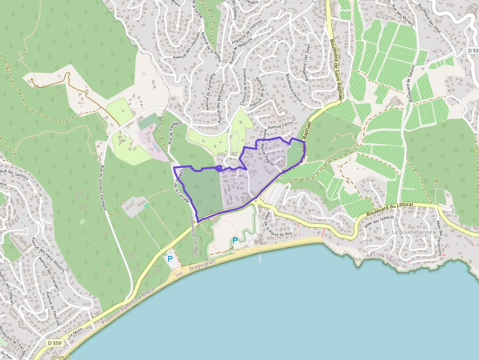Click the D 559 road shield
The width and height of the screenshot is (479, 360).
(55, 343)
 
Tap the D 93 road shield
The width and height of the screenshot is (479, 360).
(472, 50)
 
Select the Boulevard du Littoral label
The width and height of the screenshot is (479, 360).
(390, 209)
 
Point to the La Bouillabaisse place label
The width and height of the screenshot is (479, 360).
(412, 232)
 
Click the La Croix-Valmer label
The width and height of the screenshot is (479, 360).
(383, 255)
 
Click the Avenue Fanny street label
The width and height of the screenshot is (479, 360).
(280, 125)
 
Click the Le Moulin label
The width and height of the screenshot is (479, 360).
(76, 333)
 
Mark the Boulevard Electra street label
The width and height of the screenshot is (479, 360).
(293, 88)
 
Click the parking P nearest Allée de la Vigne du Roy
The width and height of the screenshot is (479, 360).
(235, 240)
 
